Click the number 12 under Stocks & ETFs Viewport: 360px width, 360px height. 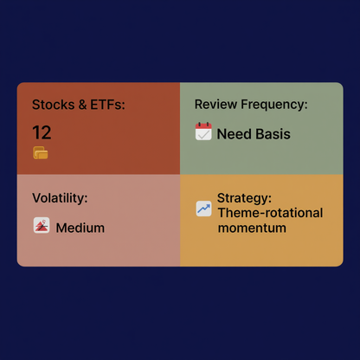point(42,132)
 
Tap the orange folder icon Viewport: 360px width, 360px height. point(41,153)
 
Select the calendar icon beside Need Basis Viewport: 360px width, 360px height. point(203,132)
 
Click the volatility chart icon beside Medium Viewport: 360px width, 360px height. point(41,227)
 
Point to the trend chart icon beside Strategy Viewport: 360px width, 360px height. point(203,209)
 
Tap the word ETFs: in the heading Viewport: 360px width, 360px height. point(106,105)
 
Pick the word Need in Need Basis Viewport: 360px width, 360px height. point(234,134)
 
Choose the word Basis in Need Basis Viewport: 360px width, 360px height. point(273,134)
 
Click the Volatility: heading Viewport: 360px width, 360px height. point(60,198)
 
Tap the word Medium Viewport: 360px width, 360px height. point(80,228)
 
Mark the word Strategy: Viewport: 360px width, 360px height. point(245,198)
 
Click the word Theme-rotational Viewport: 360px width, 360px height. point(270,213)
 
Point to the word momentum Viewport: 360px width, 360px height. point(252,228)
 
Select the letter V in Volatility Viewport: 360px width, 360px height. point(36,198)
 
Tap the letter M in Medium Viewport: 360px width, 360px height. point(61,228)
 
